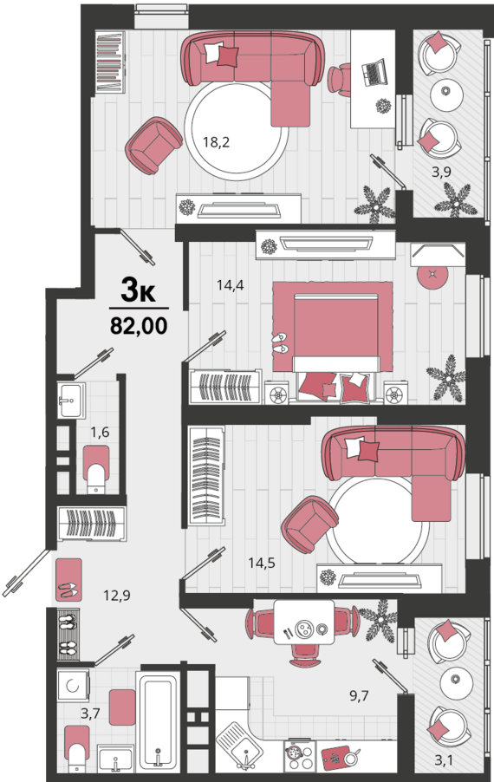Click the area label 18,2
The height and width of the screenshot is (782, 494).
tap(216, 142)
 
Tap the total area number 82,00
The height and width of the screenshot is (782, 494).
tap(139, 326)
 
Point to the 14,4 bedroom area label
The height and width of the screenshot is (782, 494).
tap(230, 285)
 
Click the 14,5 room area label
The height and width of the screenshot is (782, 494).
tap(262, 563)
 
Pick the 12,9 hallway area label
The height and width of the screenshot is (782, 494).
tap(117, 595)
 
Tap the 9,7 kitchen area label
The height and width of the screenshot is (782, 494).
tap(359, 695)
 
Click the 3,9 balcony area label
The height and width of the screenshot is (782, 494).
tap(441, 172)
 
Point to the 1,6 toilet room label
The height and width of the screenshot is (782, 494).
tap(100, 433)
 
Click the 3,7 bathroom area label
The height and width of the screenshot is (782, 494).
tap(90, 714)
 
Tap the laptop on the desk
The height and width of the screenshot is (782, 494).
tap(374, 72)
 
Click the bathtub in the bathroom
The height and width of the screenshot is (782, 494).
tap(158, 720)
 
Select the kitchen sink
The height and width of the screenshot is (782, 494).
tap(239, 746)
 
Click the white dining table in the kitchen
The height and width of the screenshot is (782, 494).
tap(303, 622)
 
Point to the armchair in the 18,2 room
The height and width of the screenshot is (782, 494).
tap(153, 146)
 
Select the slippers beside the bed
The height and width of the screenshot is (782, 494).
tap(280, 343)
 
